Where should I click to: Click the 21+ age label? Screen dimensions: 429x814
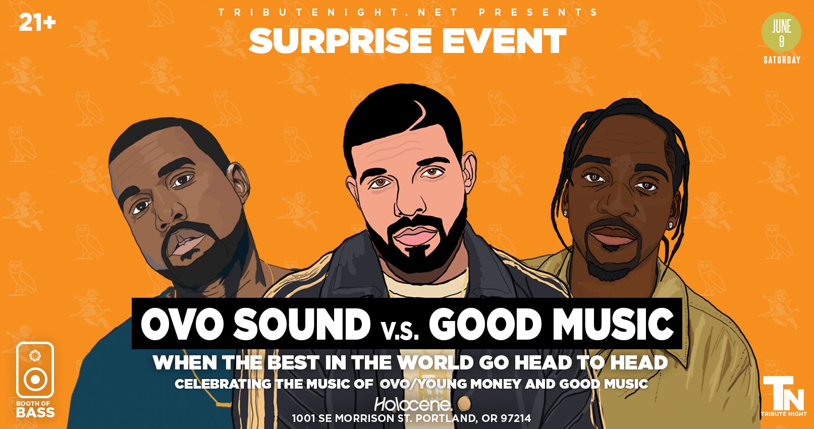pos(37,23)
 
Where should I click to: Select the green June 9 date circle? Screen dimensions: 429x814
pos(781,32)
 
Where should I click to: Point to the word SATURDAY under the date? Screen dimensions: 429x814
pos(782,60)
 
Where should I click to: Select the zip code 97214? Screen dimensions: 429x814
pos(516,418)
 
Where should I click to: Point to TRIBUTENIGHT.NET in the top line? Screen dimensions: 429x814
pos(338,12)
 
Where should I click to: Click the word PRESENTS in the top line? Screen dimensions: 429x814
pos(538,12)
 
